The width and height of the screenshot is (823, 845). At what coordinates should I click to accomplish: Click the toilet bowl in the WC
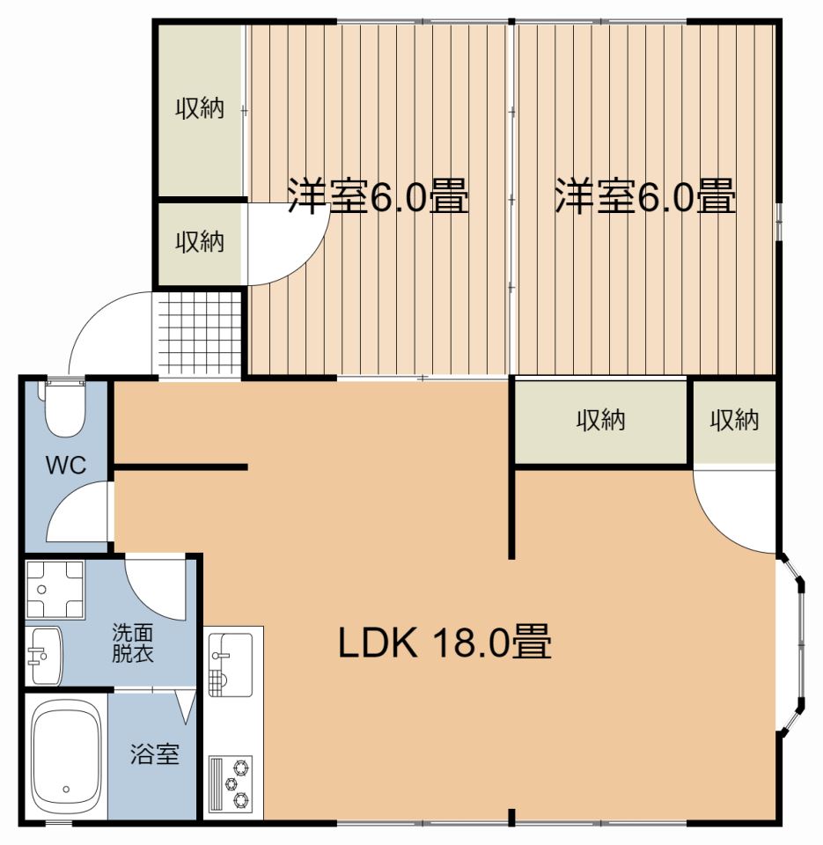(x=62, y=409)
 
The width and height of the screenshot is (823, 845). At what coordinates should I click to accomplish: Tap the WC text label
(x=66, y=466)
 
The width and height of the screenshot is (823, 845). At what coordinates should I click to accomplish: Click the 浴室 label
(x=155, y=754)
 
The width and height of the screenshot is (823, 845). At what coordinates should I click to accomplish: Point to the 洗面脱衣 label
(x=135, y=643)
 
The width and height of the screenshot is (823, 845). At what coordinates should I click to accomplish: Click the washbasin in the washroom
(x=43, y=656)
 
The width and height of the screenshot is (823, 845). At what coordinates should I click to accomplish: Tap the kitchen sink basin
(x=231, y=657)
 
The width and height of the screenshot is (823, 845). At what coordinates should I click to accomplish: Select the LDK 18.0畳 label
(x=445, y=643)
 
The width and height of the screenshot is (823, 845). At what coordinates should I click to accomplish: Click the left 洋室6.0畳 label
(x=378, y=196)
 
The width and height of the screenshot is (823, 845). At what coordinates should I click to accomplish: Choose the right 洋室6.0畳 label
(x=644, y=196)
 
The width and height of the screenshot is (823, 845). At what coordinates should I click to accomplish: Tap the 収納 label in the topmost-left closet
(x=199, y=109)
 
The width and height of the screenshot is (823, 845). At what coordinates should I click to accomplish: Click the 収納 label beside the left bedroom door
(x=199, y=241)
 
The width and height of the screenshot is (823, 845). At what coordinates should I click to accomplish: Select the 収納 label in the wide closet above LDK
(x=600, y=421)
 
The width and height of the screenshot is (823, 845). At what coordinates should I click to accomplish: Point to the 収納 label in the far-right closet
(x=734, y=421)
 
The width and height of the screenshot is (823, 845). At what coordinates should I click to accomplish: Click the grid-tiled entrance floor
(x=198, y=332)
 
